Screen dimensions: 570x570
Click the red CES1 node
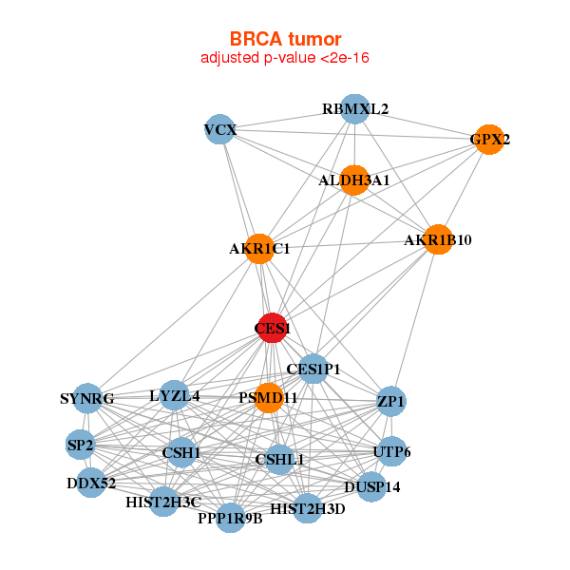[x=273, y=328]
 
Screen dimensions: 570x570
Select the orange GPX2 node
[x=489, y=140]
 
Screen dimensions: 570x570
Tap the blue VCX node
[x=219, y=129]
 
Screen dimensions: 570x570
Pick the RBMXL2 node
[x=355, y=109]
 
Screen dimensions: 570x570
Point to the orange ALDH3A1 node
[x=354, y=180]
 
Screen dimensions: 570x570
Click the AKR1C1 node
[x=259, y=249]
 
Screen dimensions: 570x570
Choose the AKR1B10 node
[x=438, y=239]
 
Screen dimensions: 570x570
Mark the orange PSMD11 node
[x=269, y=398]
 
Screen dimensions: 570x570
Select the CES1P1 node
[x=313, y=369]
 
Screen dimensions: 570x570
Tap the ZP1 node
[x=391, y=401]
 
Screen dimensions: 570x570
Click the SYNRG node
[x=87, y=398]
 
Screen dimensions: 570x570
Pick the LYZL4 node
[x=175, y=395]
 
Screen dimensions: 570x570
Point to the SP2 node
[x=81, y=445]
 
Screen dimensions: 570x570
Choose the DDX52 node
[x=91, y=483]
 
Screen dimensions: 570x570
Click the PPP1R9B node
[x=231, y=518]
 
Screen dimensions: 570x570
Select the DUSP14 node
[x=371, y=487]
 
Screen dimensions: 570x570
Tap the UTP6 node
[x=391, y=452]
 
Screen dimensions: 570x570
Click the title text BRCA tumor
[x=285, y=39]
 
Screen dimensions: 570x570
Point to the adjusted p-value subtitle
[x=285, y=58]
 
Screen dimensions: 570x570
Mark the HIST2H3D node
[x=308, y=508]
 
